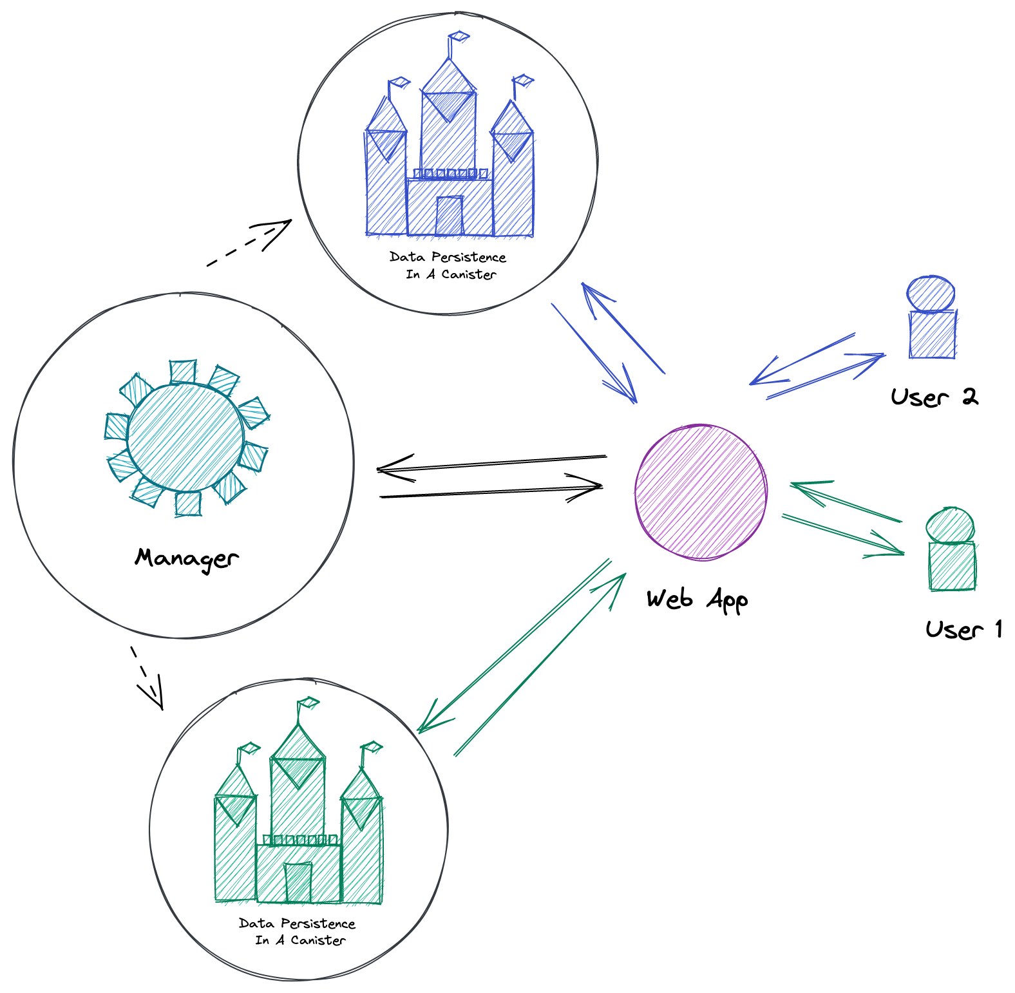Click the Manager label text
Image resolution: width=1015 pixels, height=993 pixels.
click(187, 558)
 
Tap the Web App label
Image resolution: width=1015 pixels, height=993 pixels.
click(697, 600)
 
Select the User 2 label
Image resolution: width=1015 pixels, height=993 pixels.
click(934, 397)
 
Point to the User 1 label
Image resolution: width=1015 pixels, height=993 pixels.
click(963, 629)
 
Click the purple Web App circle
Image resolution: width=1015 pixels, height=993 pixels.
click(701, 492)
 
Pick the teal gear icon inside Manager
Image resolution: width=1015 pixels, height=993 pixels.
click(185, 437)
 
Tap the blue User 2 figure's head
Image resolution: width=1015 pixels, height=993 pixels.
click(931, 294)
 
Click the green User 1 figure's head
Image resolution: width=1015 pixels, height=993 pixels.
click(950, 525)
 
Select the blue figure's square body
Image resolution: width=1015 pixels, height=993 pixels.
click(932, 334)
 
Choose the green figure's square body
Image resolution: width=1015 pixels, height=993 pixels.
click(952, 566)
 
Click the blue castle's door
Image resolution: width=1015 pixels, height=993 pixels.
click(450, 216)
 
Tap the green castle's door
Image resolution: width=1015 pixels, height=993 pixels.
click(298, 882)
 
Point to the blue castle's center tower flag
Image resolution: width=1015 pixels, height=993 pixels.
click(459, 37)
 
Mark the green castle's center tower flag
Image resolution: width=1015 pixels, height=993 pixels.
click(308, 702)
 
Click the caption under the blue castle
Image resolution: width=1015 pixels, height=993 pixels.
click(448, 265)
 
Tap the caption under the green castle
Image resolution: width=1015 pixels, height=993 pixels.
click(298, 932)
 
